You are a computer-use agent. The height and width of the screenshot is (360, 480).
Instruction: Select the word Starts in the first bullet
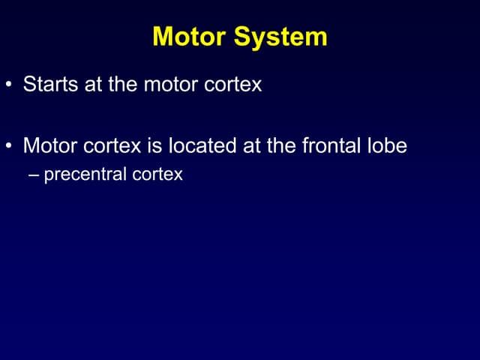point(48,83)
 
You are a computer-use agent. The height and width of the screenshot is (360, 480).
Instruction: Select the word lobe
point(386,145)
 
